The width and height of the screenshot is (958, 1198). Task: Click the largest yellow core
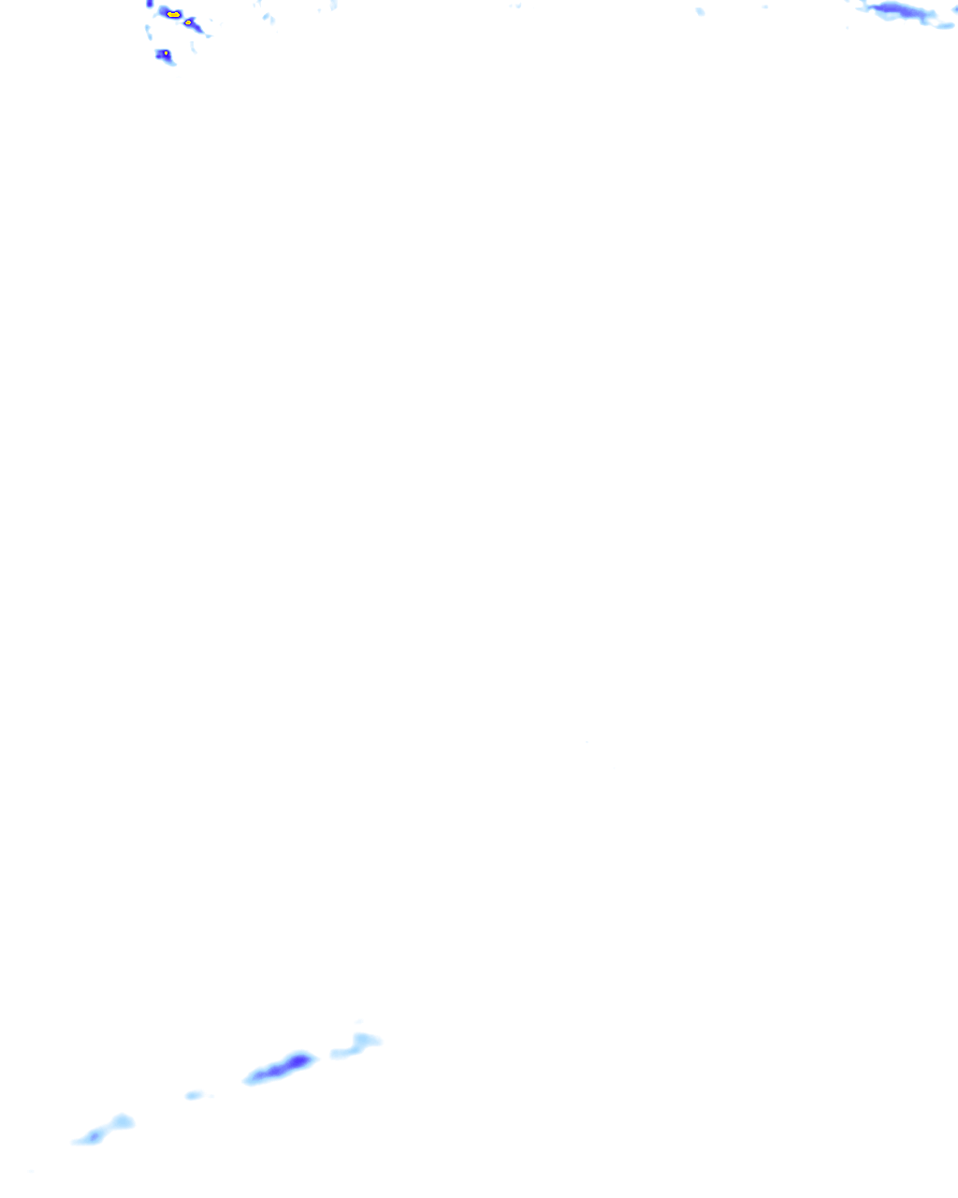click(173, 15)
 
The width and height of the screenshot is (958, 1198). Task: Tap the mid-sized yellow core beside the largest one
click(188, 22)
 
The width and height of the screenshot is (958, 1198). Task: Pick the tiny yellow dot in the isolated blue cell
click(166, 53)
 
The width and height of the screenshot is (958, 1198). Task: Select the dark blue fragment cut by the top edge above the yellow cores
click(150, 4)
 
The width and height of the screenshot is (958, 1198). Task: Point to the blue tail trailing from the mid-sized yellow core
click(196, 28)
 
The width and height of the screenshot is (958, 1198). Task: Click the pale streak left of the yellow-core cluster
click(147, 31)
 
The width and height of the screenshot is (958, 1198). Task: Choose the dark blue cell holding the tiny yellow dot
click(164, 56)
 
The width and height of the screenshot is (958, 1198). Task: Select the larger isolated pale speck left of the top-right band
click(700, 11)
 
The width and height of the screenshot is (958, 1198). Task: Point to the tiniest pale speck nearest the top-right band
click(764, 7)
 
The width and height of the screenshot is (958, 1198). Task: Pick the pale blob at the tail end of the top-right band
click(943, 25)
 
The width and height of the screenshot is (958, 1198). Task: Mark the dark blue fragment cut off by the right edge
click(955, 8)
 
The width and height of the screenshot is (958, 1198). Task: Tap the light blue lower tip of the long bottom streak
click(251, 1080)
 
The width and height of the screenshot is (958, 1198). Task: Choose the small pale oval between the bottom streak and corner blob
click(194, 1094)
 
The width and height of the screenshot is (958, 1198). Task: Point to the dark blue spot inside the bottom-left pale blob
click(94, 1135)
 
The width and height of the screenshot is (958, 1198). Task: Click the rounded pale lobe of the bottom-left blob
click(122, 1121)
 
